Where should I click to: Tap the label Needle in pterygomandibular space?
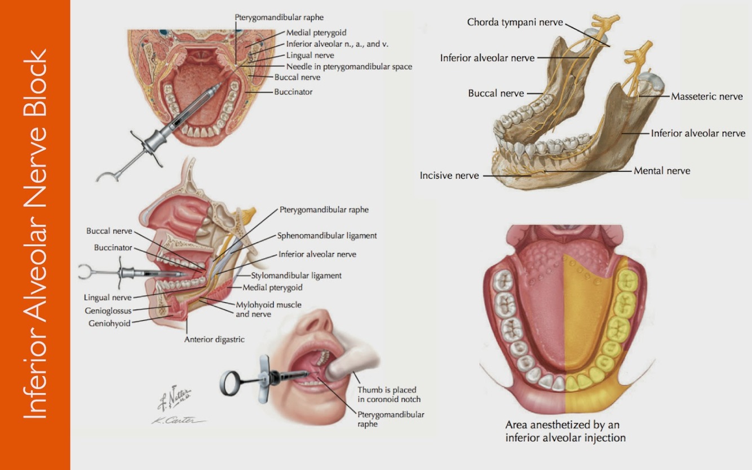coord(349,66)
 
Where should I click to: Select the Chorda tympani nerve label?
coord(515,23)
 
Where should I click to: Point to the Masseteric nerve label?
coord(706,97)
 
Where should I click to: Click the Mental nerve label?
coord(661,171)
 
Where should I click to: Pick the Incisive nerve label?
coord(449,176)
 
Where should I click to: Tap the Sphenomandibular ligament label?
coord(327,236)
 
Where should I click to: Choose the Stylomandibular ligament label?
coord(296,276)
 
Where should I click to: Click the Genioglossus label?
coord(108,311)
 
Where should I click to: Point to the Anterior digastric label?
coord(215,340)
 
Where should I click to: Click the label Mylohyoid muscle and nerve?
coord(268,309)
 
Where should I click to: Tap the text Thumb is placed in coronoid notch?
coord(389,394)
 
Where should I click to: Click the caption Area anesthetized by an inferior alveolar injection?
coord(565,431)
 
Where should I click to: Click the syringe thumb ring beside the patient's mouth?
coord(231,383)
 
